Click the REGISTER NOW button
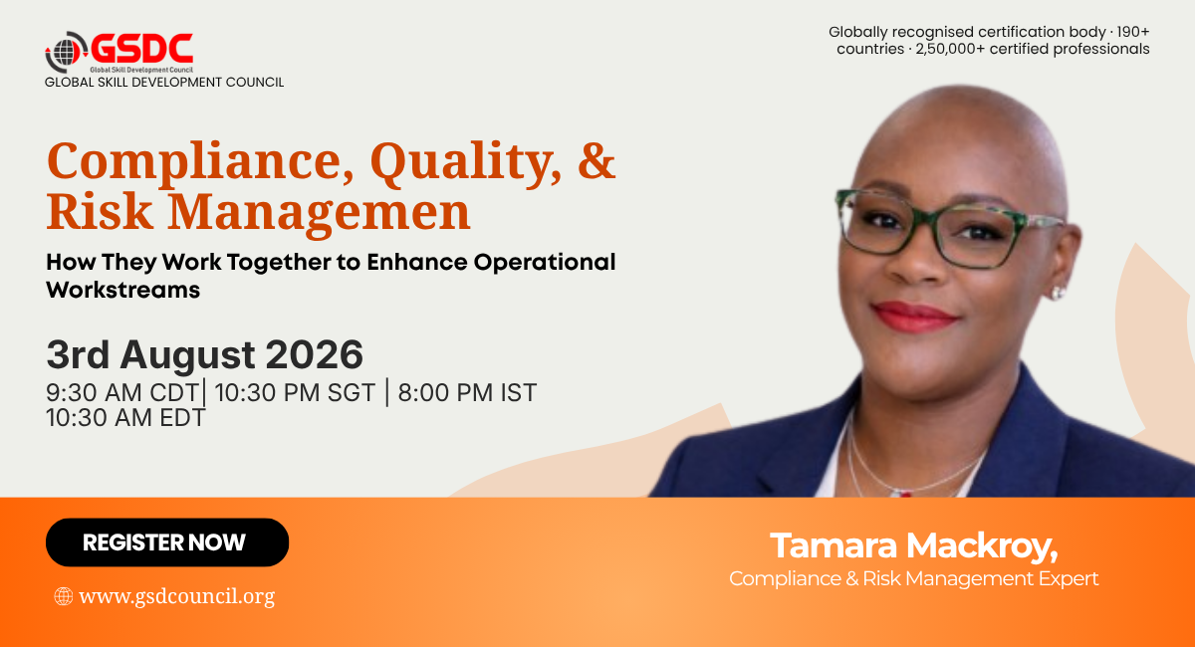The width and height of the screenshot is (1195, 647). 167,541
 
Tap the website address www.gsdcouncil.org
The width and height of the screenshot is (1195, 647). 176,596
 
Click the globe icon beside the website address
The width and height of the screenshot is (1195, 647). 64,596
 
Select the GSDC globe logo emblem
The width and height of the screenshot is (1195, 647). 66,52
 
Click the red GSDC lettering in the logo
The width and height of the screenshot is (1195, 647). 141,49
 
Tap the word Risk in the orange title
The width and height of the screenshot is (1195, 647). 100,212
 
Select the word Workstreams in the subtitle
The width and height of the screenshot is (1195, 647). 122,290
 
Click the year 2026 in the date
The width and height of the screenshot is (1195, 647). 315,354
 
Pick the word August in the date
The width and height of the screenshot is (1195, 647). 188,356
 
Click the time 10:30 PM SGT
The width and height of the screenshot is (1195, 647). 295,392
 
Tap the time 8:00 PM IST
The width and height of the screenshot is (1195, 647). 467,392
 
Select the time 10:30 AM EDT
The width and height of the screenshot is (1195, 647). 125,418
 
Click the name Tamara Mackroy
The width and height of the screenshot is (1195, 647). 913,545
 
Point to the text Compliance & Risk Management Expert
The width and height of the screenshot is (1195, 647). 913,578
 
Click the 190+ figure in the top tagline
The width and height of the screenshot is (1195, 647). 1132,32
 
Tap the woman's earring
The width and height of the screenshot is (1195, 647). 1057,293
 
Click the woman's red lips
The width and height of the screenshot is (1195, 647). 913,317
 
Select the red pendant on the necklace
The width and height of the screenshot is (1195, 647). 902,493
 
